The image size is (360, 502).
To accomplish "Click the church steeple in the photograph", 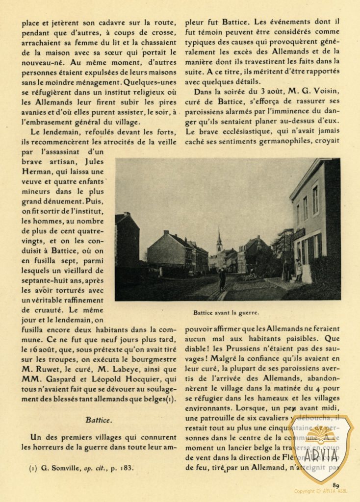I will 219,241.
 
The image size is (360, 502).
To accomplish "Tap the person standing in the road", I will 222,278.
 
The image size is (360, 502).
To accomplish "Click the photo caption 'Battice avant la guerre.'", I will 227,312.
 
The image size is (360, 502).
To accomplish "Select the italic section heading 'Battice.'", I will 99,420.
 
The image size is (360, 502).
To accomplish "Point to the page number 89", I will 336,485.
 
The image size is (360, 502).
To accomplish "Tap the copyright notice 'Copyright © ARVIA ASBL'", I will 320,491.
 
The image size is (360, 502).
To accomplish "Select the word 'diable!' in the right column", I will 198,349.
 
